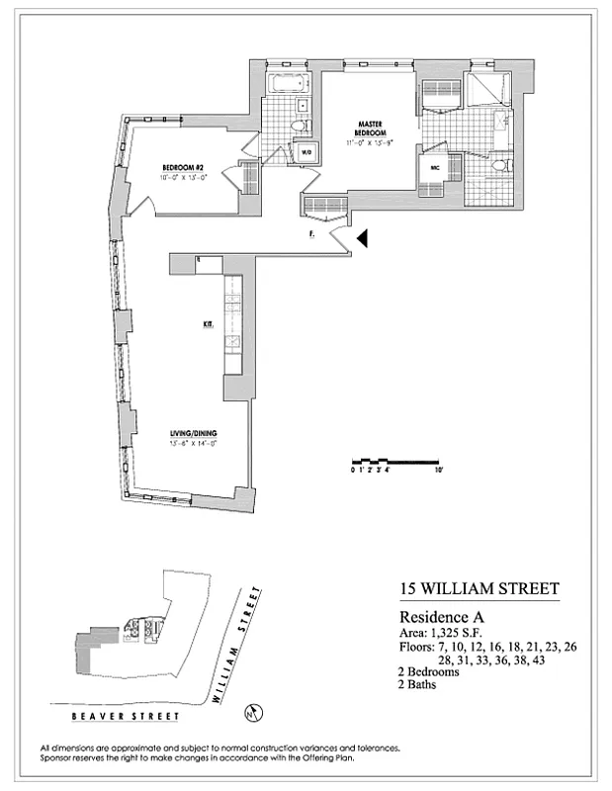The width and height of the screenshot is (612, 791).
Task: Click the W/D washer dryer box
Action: pos(306,152)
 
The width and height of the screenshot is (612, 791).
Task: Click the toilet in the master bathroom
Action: pos(501,164)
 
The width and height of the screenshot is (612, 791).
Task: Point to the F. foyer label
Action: pos(311,235)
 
